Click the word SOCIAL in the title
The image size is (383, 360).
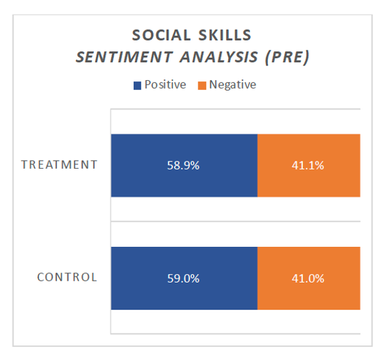tap(161, 35)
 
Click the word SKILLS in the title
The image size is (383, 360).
tap(225, 35)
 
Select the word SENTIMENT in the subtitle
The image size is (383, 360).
tap(124, 57)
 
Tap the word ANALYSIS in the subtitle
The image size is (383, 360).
tap(218, 57)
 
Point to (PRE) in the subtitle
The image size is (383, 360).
tap(287, 58)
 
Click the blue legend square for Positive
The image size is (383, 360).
tap(138, 85)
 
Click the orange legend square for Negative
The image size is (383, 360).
tap(202, 85)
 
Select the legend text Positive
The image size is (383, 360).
tap(165, 85)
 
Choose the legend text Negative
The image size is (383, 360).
tap(233, 85)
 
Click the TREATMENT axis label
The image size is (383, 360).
tap(60, 165)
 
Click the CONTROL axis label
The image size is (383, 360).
tap(67, 277)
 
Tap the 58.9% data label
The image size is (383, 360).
tap(183, 165)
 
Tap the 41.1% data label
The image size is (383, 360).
tap(308, 165)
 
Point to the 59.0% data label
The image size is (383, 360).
tap(183, 279)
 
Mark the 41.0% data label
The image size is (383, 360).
tap(308, 279)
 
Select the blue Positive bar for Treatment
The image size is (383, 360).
tap(184, 165)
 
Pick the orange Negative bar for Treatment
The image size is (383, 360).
tap(309, 165)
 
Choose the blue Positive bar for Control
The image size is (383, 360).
tap(184, 278)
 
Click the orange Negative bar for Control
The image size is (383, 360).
tap(309, 278)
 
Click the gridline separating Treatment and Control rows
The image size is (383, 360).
tap(235, 222)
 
